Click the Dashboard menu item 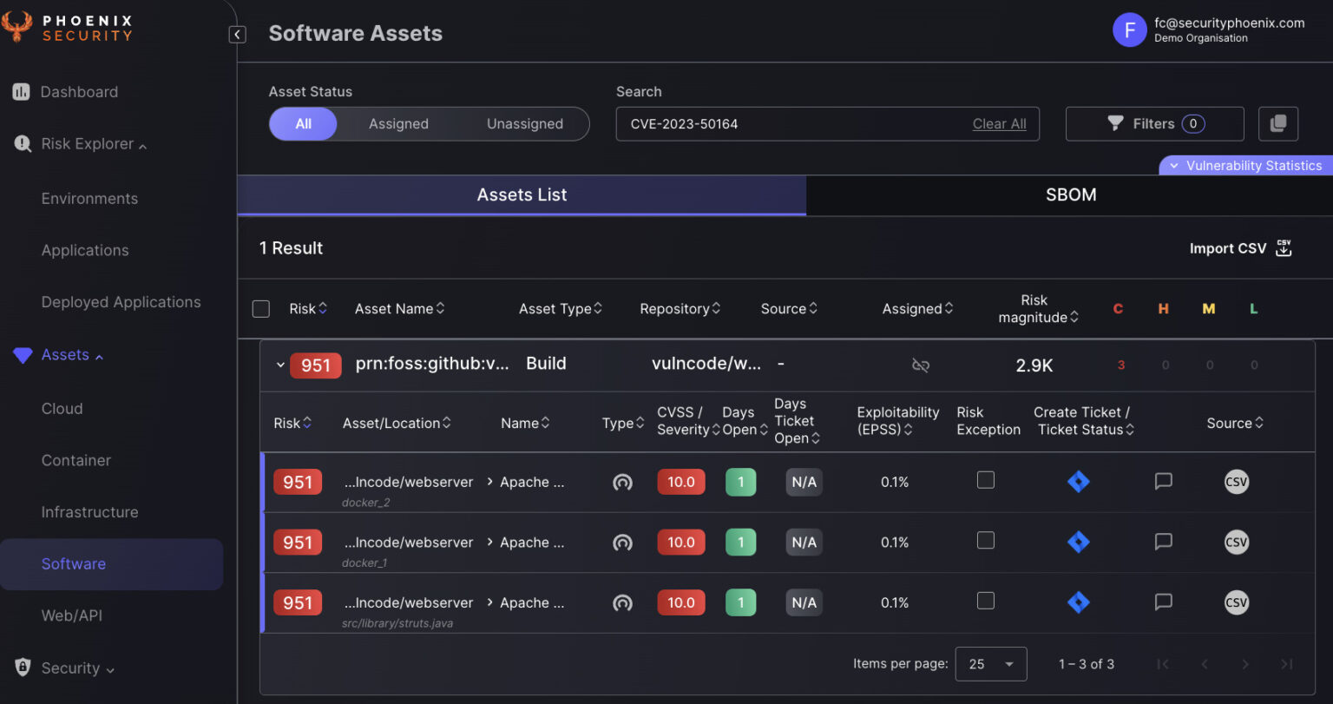(78, 92)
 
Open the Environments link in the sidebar (89, 199)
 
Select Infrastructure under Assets (89, 512)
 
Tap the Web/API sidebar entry (72, 615)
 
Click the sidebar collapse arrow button (237, 35)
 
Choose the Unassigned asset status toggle (524, 124)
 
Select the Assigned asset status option (398, 124)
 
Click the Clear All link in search (999, 124)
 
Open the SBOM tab (1070, 195)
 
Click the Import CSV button (1240, 248)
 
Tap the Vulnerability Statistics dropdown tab (1245, 166)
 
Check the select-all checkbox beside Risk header (260, 309)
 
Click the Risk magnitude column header (1034, 309)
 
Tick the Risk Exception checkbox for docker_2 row (986, 480)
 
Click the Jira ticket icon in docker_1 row (1078, 543)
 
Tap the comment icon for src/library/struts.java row (1163, 602)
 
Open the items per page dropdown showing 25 (990, 664)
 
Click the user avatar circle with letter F (1129, 30)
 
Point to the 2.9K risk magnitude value (1034, 365)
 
